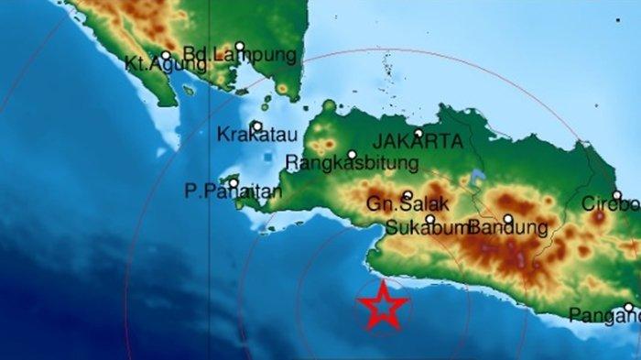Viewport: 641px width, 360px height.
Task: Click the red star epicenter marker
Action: click(x=383, y=306)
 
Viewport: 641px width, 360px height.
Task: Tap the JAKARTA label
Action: click(x=418, y=144)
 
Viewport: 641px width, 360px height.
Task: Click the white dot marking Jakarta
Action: click(x=418, y=133)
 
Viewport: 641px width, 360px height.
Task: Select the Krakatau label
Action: click(x=257, y=136)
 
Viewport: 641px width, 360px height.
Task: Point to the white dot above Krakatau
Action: click(x=257, y=126)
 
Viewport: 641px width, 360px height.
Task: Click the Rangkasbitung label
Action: click(x=352, y=164)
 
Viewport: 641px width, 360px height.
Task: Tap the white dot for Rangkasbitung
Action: click(x=352, y=154)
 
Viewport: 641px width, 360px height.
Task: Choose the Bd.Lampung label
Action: click(x=240, y=56)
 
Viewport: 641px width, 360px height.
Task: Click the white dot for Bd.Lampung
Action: click(x=240, y=46)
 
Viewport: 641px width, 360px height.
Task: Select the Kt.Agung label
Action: click(x=154, y=64)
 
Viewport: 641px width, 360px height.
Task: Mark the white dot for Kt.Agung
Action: click(x=166, y=55)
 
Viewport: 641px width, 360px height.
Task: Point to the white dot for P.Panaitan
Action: click(x=234, y=182)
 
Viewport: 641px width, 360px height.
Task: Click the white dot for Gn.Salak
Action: click(x=407, y=195)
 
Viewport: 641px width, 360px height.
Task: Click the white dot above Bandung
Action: click(x=507, y=218)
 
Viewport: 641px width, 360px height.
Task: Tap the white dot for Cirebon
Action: click(x=617, y=194)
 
